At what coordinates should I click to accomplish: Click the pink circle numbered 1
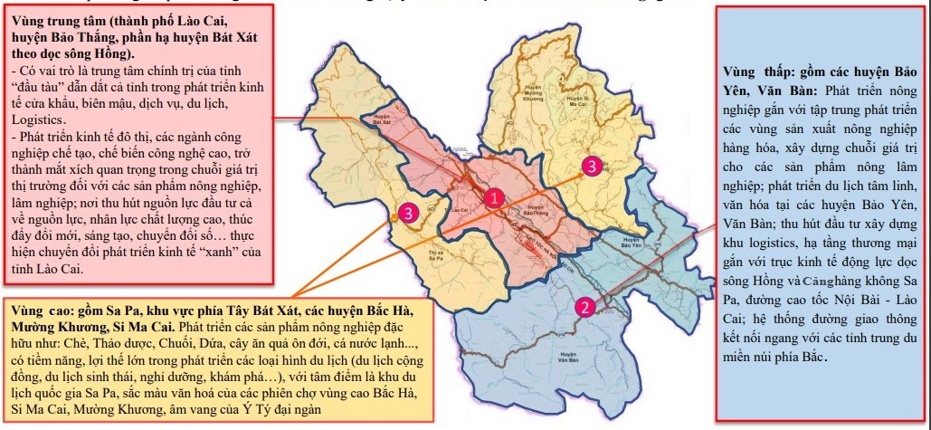[493, 196]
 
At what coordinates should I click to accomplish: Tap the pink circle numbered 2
[585, 307]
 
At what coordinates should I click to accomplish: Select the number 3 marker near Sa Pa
[408, 213]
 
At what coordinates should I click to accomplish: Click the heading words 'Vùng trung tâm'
[59, 20]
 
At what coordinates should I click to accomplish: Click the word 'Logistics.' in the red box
[39, 119]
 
